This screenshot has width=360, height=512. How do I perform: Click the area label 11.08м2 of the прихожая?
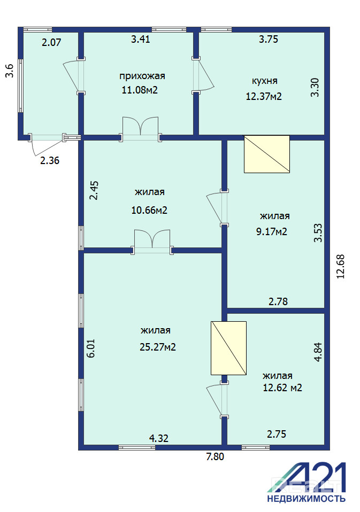[x=140, y=90]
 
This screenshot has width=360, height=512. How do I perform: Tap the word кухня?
[x=265, y=81]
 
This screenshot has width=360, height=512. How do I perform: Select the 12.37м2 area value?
[x=264, y=96]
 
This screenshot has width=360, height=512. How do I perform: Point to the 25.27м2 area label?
[x=158, y=347]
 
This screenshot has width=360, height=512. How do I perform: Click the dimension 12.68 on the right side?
[x=341, y=267]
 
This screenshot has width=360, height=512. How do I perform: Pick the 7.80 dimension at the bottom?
[x=215, y=456]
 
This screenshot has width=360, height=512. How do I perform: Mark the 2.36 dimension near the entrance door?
[x=50, y=160]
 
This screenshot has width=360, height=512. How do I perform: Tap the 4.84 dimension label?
[x=318, y=352]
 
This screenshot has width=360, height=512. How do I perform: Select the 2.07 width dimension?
[x=51, y=42]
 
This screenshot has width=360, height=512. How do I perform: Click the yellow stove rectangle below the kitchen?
[x=267, y=154]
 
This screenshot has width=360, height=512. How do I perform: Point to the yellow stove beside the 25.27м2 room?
[x=228, y=348]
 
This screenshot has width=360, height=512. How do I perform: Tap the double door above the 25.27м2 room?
[x=152, y=242]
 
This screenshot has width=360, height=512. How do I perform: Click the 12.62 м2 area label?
[x=282, y=387]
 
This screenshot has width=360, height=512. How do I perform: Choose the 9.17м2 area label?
[x=271, y=231]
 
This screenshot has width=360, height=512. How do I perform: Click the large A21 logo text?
[x=307, y=477]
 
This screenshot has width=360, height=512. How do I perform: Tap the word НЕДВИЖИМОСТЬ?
[x=306, y=499]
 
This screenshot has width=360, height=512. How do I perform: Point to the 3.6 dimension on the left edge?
[x=10, y=71]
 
